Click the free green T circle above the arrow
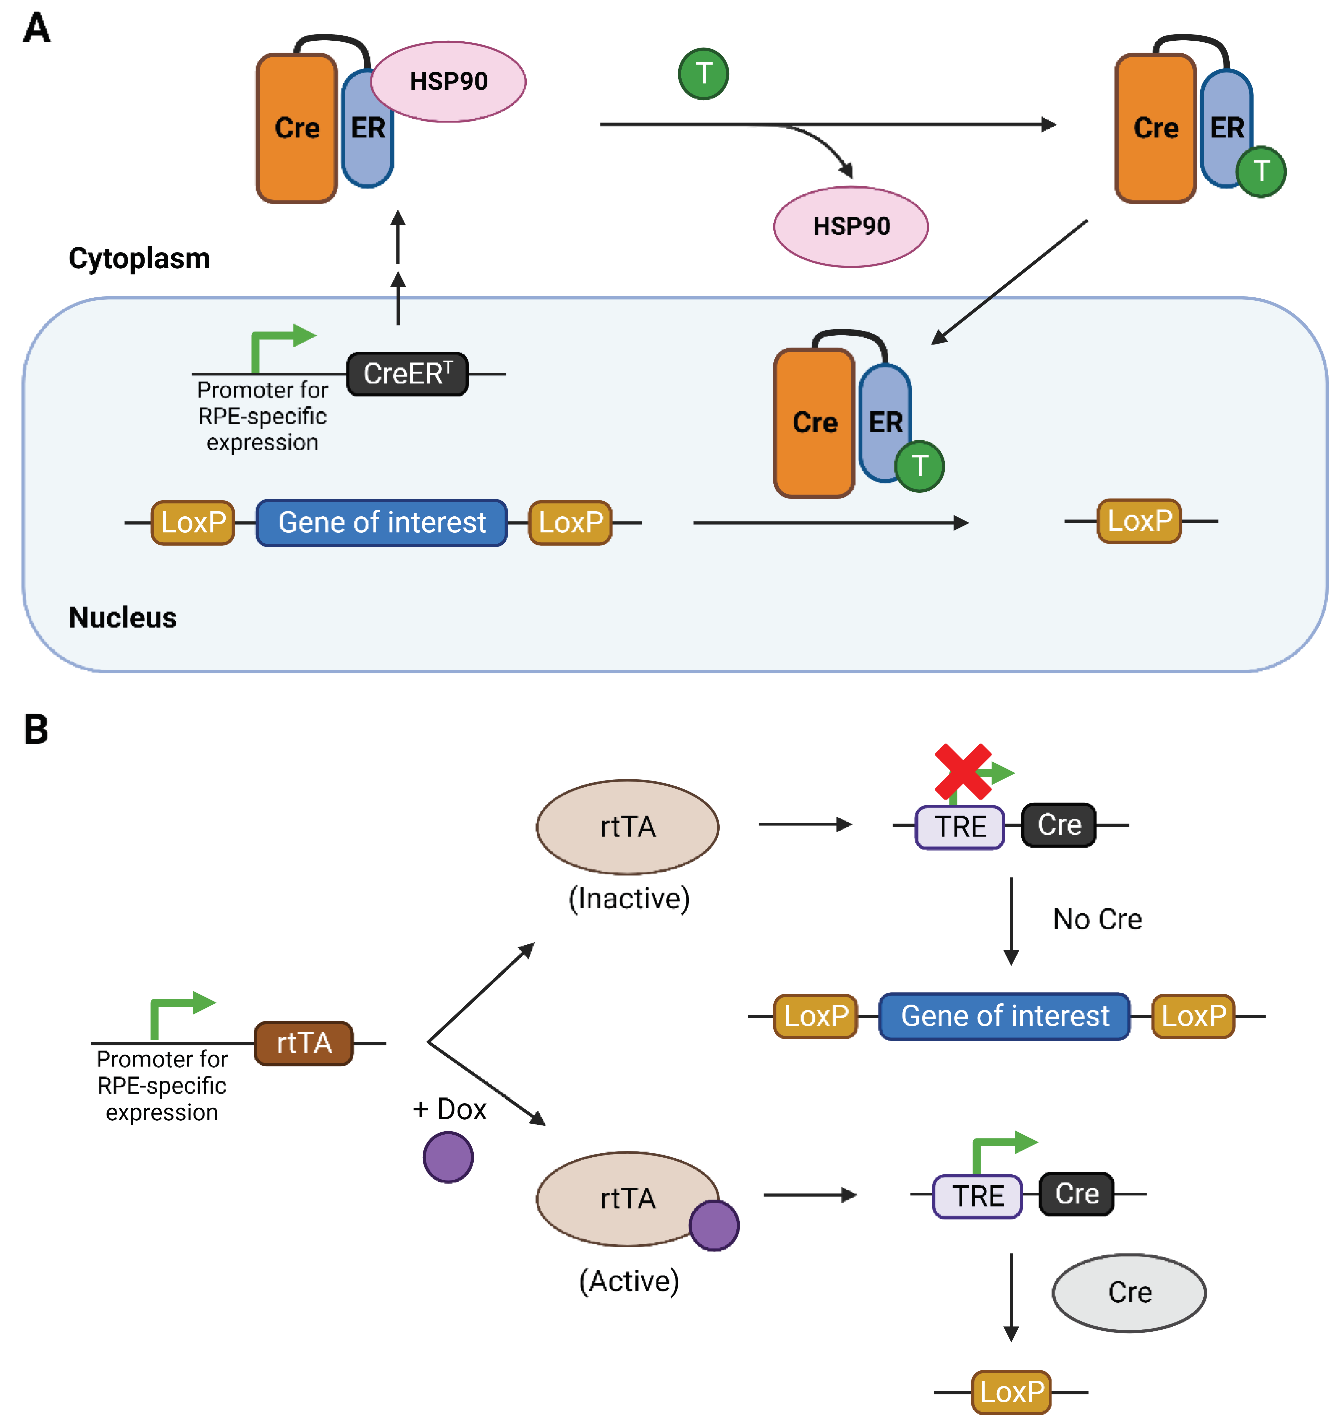pos(703,74)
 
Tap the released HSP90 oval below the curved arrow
pos(851,227)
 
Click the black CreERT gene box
pos(407,374)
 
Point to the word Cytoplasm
pos(139,259)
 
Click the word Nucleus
pos(122,618)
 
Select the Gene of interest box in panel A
pos(381,523)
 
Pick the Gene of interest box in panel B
pos(1004,1016)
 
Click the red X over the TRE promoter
pos(963,771)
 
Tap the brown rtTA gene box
pos(304,1043)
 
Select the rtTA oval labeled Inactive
pos(627,827)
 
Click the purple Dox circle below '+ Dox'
pos(448,1157)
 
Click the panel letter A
pos(36,28)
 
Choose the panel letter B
pos(36,730)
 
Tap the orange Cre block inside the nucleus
pos(814,423)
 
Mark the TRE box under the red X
pos(960,827)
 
